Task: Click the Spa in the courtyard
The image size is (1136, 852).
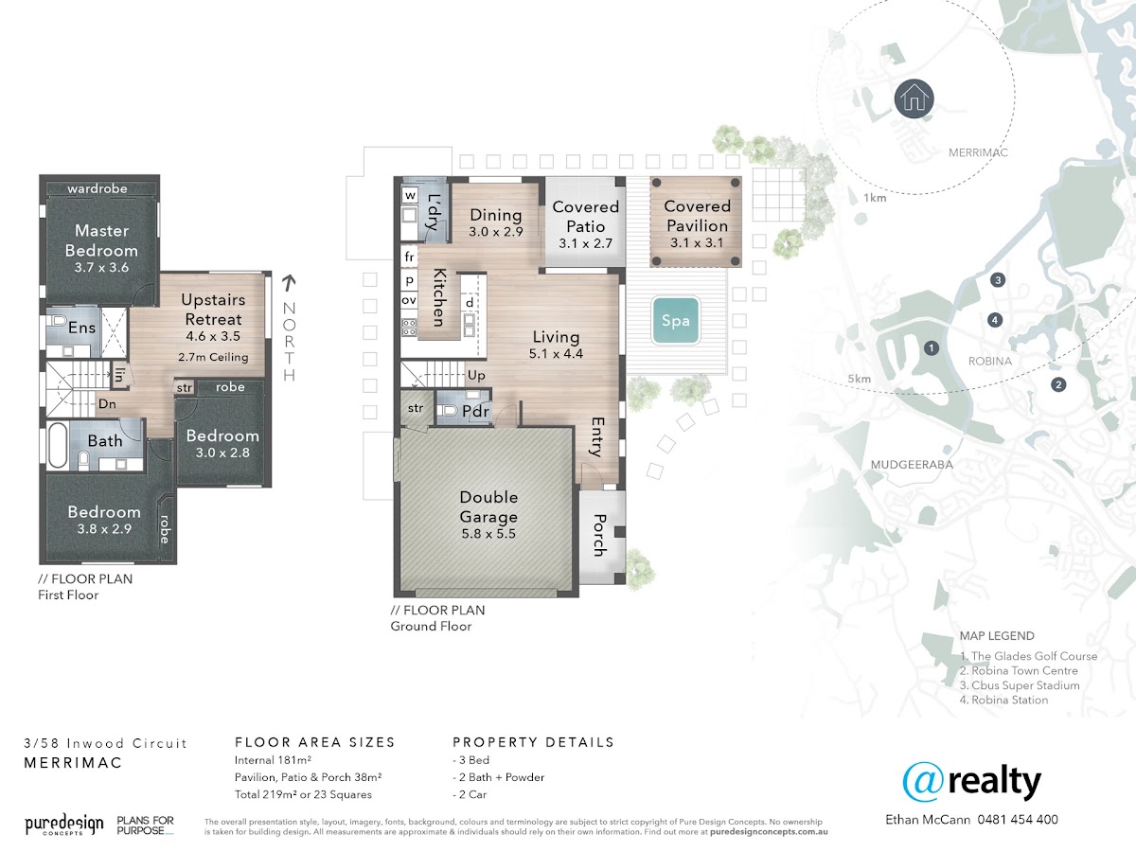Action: (676, 321)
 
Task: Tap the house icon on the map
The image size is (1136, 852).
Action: (914, 98)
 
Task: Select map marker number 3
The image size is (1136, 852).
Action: (998, 280)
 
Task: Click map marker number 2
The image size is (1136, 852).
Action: (1058, 385)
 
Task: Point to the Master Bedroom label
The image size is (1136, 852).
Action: (101, 240)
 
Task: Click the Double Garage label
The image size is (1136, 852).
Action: (488, 507)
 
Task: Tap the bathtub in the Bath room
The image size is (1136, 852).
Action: (58, 445)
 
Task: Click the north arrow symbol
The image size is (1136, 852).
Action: (289, 282)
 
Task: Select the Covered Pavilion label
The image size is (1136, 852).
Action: (697, 216)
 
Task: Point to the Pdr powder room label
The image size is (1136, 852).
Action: (475, 411)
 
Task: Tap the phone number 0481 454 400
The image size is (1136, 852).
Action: (1018, 820)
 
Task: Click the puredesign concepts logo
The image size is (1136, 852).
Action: (64, 825)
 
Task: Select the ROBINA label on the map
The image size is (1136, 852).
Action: (989, 361)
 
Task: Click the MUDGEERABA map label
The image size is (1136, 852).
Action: (912, 465)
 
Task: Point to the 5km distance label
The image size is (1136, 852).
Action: (860, 379)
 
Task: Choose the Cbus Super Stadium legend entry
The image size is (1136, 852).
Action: (1020, 685)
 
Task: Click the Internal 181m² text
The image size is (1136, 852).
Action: (273, 760)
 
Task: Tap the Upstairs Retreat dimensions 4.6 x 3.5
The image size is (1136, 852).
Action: (213, 336)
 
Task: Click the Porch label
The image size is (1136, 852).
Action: (599, 535)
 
